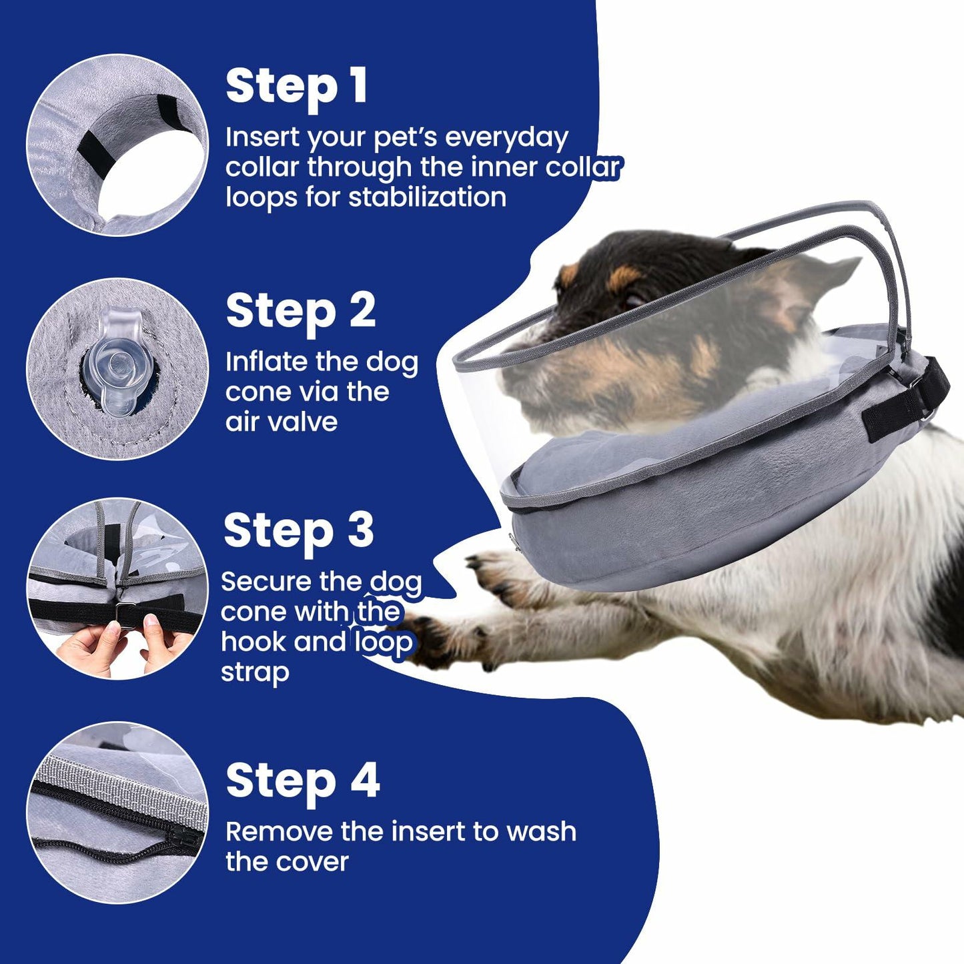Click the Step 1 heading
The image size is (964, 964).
click(296, 87)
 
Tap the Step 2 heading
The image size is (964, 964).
click(300, 312)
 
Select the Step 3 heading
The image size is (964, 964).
click(298, 531)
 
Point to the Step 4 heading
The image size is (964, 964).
click(302, 781)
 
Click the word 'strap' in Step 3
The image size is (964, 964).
click(255, 672)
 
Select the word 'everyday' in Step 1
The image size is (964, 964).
click(506, 138)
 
